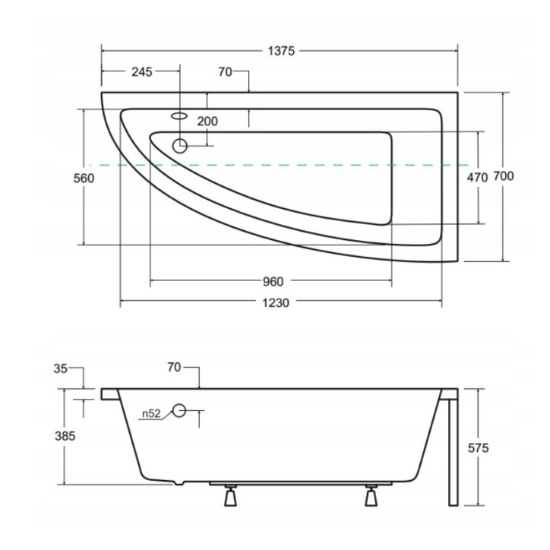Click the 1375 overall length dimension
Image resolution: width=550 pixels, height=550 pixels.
point(281,51)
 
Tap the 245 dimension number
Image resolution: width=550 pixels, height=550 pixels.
point(142,72)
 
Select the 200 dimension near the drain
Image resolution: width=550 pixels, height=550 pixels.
point(207,122)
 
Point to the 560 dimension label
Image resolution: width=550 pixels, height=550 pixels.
point(84,179)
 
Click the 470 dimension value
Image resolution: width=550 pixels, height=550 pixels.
point(477,178)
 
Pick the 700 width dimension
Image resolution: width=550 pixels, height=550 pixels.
point(504,176)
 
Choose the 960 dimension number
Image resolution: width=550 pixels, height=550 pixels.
point(273,282)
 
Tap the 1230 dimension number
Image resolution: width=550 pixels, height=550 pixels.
point(276,302)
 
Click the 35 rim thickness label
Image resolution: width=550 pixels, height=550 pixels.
point(60,368)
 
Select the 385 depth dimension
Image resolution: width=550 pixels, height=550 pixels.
point(65,436)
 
